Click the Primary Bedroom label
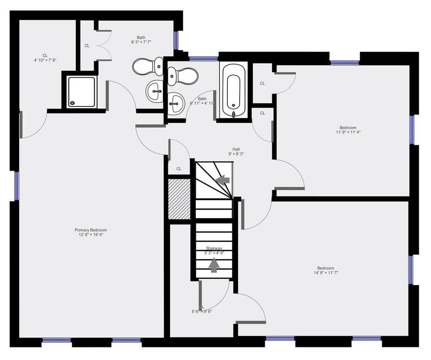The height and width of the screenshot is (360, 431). coord(91,230)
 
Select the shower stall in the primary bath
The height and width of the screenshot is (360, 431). coord(82,91)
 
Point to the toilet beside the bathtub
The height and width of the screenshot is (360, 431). coord(183,75)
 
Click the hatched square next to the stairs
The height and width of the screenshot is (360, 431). coord(179,198)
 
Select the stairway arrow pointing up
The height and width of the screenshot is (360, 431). coord(214,265)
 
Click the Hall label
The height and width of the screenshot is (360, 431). coord(237,149)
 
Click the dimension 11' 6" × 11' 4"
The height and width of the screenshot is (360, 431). coord(348,132)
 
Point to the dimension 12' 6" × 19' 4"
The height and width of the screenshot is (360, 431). coord(91,236)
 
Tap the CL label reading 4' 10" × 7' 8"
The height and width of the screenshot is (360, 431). coord(45,60)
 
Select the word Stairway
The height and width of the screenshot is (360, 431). coord(214,248)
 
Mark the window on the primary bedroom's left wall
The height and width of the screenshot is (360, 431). coord(16,185)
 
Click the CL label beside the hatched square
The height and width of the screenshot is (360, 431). coord(179,169)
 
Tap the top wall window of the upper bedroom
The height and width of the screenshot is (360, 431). coord(344,62)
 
